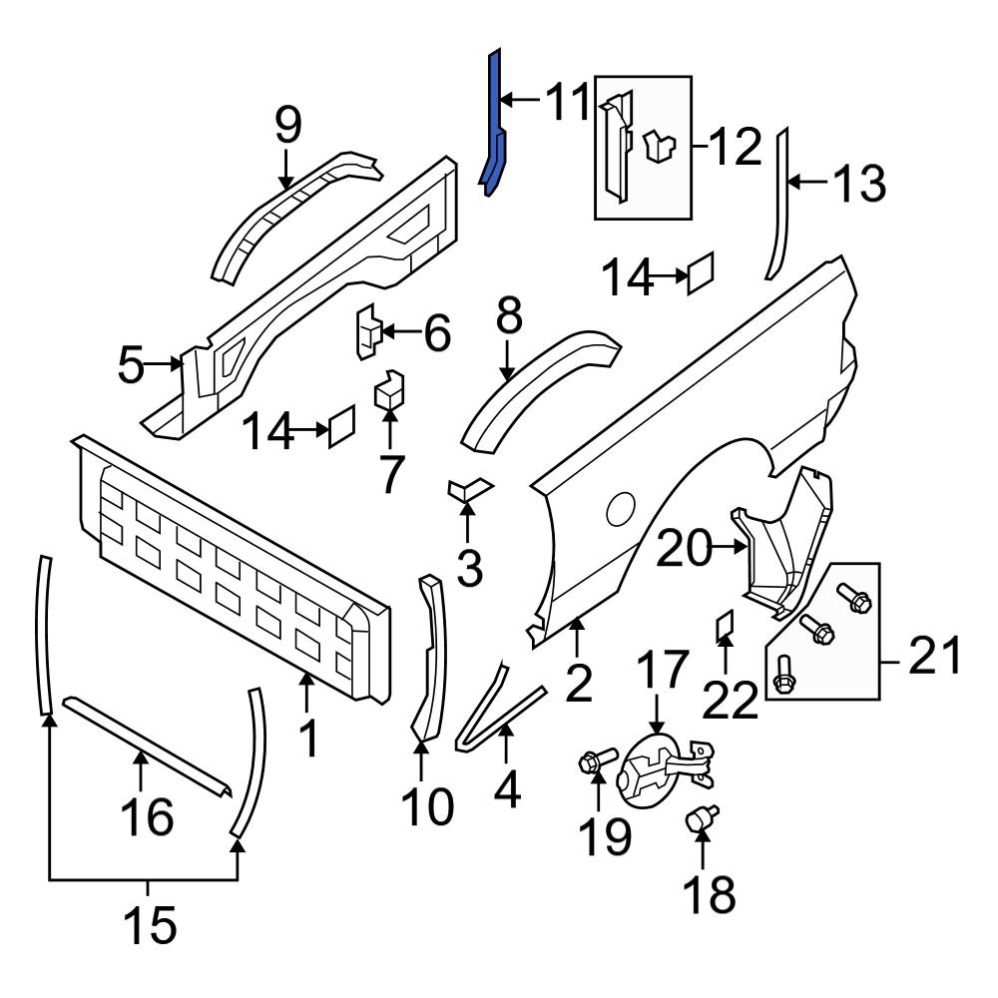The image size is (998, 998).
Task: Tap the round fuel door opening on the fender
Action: [620, 508]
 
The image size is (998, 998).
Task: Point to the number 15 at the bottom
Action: [151, 925]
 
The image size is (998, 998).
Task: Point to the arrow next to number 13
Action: [812, 182]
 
